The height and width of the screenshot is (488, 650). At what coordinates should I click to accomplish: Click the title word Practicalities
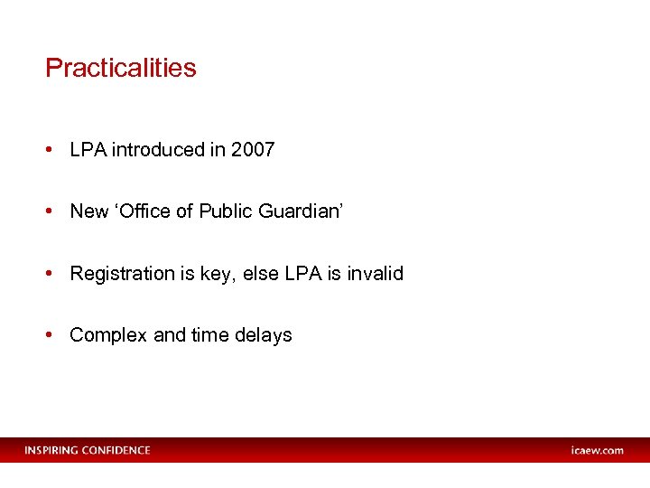pos(120,68)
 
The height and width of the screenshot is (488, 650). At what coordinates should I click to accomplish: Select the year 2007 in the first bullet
pos(253,150)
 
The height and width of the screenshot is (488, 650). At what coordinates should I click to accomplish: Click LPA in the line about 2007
pos(88,150)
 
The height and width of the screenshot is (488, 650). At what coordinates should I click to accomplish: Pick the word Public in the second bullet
pos(226,211)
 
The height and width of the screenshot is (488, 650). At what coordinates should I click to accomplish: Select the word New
pos(88,211)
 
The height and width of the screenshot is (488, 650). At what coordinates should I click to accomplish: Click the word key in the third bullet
pos(214,274)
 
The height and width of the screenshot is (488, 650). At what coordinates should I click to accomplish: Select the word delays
pos(263,334)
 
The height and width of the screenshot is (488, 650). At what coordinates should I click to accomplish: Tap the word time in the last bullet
pos(209,334)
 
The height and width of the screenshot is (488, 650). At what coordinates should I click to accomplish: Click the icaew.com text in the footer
pos(597,450)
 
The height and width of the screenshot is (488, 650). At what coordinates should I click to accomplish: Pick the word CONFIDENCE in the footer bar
pos(116,450)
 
